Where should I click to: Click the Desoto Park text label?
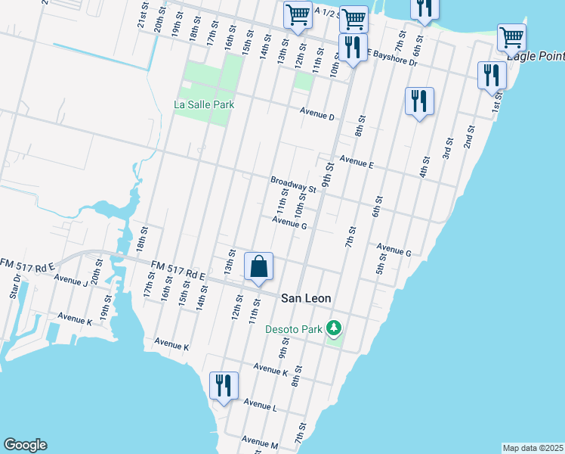point(293,329)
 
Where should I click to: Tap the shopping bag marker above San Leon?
point(258,267)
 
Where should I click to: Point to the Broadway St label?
point(293,183)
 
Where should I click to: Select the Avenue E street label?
point(357,160)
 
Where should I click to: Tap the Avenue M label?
point(261,440)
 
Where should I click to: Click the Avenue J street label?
point(71,280)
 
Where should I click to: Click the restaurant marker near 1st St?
point(492,76)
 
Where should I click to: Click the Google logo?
point(25,445)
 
